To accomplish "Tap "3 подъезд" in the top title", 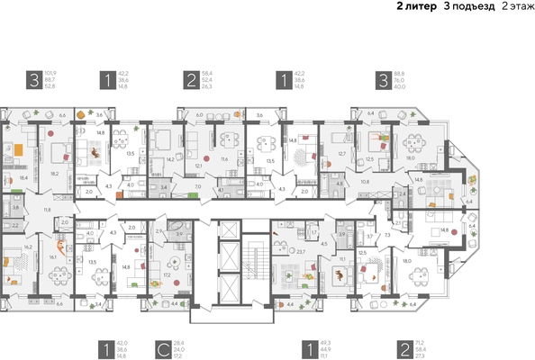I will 463,6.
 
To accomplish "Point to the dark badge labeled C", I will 159,347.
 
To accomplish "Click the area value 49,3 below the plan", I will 324,342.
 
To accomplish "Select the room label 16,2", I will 28,246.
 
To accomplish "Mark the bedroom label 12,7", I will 341,153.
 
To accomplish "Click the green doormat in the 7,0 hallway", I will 197,195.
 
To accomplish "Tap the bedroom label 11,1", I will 344,258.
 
